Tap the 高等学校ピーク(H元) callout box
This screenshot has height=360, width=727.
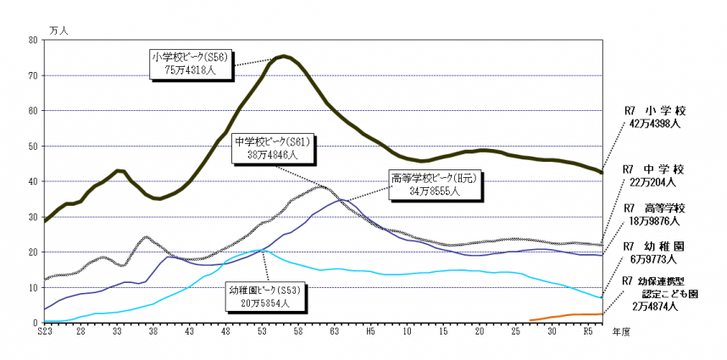coord(424,186)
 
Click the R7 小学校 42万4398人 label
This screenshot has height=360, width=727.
coord(652,117)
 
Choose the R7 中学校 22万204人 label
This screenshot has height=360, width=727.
coord(654,175)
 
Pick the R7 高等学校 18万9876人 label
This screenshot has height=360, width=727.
coord(654,214)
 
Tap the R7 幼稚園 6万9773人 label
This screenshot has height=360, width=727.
coord(654,252)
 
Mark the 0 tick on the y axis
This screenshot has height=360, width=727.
coord(34,324)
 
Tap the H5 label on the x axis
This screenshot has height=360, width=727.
coord(369,334)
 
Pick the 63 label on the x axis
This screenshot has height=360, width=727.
coord(334,334)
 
